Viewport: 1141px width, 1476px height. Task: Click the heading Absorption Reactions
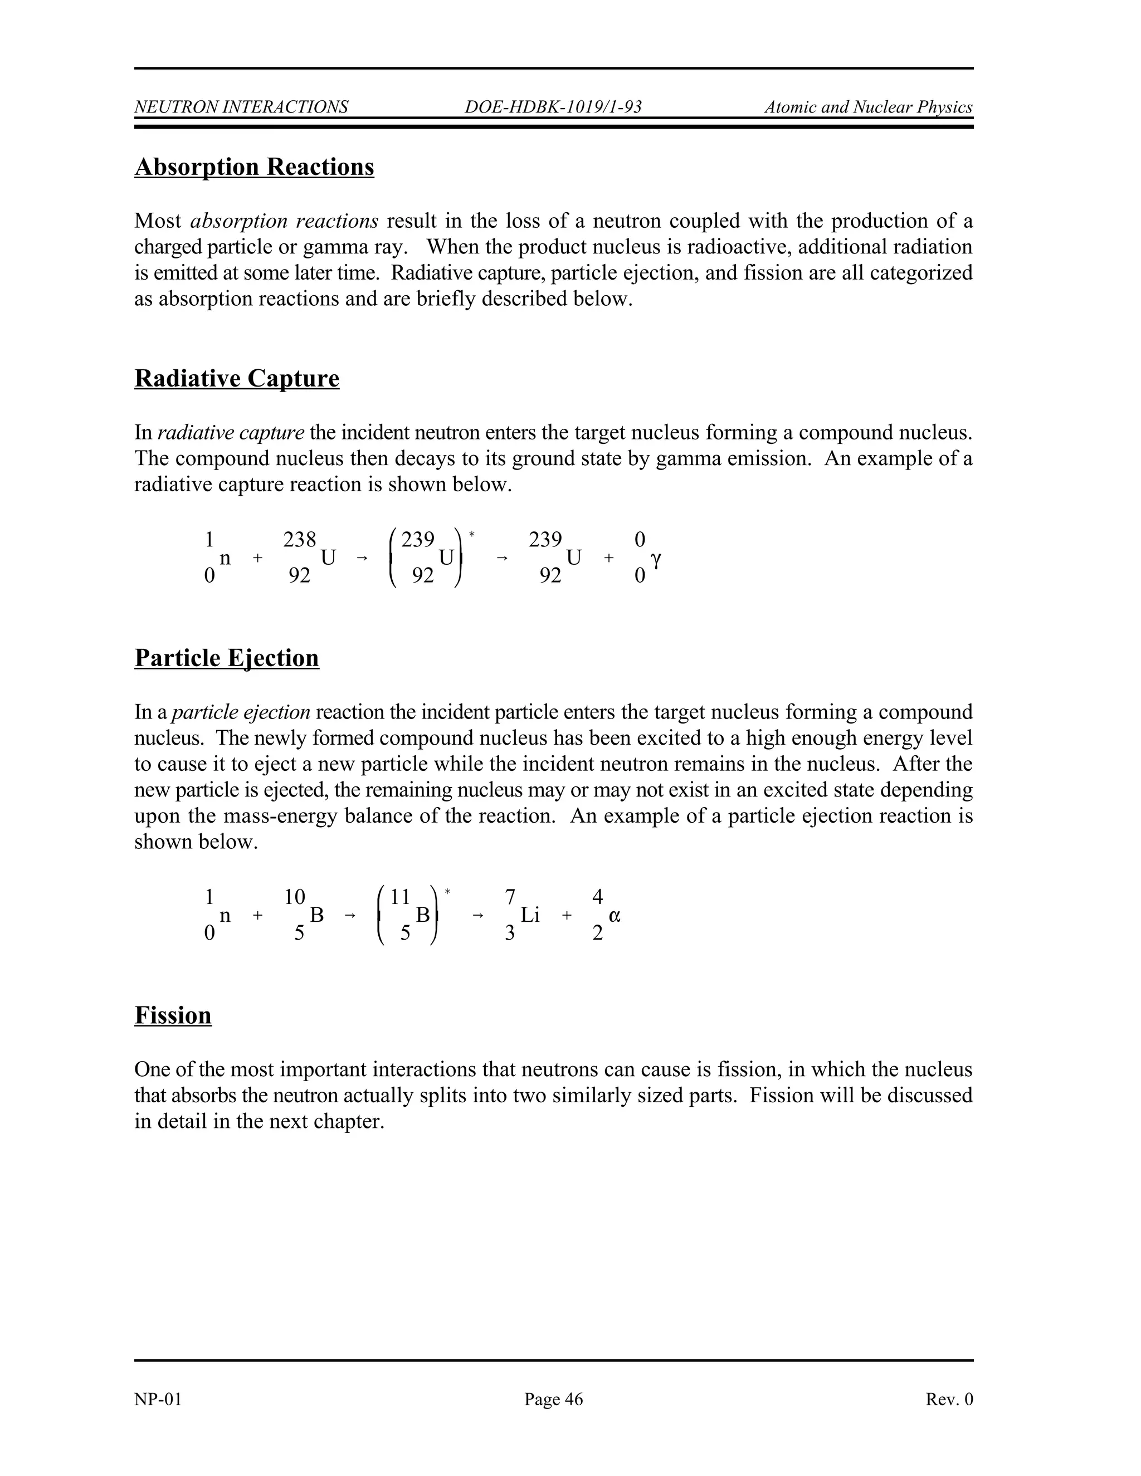(254, 167)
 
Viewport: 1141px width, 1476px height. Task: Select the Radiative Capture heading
(237, 378)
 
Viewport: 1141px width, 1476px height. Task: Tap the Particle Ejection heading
(226, 658)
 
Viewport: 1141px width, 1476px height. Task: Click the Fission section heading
(173, 1016)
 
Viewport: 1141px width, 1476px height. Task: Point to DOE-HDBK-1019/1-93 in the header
(553, 107)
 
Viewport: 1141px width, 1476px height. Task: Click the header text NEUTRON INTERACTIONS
(241, 107)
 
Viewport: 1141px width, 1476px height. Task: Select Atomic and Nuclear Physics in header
(868, 107)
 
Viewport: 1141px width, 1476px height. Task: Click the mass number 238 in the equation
(299, 539)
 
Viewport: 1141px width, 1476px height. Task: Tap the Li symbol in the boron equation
(530, 915)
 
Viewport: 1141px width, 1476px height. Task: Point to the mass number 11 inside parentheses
(401, 897)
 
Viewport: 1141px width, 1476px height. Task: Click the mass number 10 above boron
(295, 897)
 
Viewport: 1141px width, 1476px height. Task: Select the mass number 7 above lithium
(510, 897)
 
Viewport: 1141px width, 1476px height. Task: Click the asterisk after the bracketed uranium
(472, 535)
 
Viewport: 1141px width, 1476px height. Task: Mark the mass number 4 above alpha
(597, 897)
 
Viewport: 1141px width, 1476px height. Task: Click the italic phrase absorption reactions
(285, 221)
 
